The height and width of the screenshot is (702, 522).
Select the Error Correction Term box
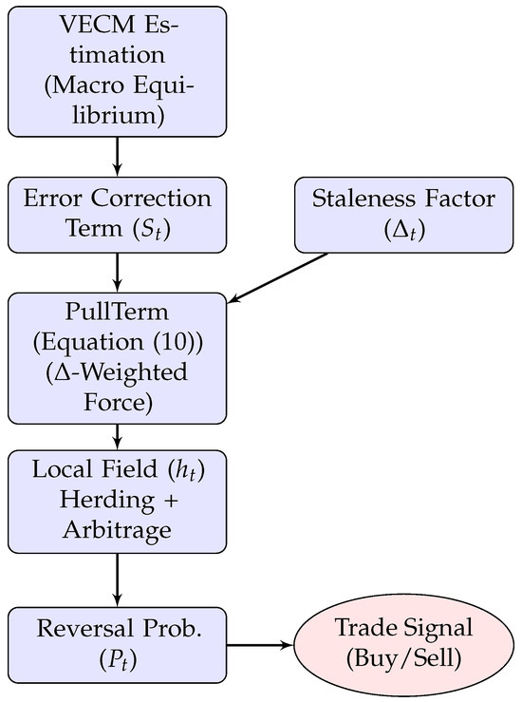click(x=118, y=214)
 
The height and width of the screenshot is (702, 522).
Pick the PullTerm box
click(x=118, y=358)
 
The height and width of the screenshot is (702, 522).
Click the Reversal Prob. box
click(x=118, y=646)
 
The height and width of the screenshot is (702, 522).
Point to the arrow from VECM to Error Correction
click(x=118, y=156)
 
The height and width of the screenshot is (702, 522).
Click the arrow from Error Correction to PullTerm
click(x=118, y=272)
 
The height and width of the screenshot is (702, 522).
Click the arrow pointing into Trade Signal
click(x=261, y=646)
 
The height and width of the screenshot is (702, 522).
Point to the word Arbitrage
click(x=118, y=529)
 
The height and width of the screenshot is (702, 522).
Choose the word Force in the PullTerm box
click(x=118, y=399)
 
